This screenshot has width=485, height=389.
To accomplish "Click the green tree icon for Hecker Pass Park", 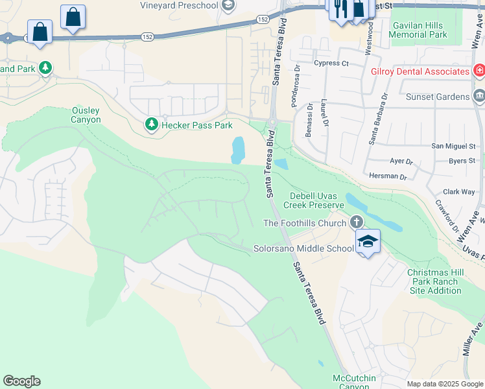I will [152, 124].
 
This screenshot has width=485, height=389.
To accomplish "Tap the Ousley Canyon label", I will [86, 115].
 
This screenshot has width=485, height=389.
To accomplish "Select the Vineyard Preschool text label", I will [179, 5].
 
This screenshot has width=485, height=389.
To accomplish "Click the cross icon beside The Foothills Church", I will [356, 223].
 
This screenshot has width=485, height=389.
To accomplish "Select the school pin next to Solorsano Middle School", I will [368, 242].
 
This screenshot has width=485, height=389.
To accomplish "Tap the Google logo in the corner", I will [21, 381].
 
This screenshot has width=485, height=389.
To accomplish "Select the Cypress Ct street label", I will [331, 64].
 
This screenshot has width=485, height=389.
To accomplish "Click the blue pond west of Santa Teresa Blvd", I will [238, 150].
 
